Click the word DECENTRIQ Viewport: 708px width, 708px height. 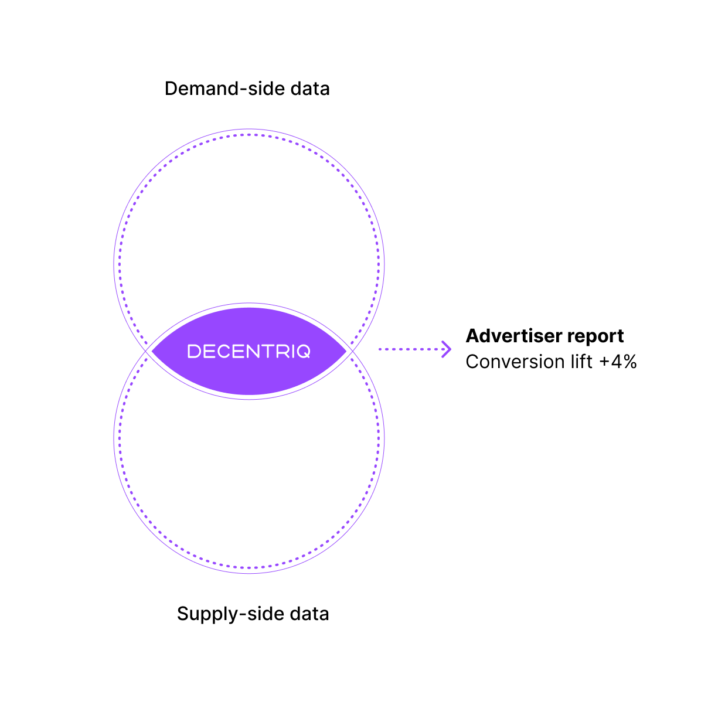(x=249, y=352)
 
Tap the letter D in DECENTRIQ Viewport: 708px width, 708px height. (x=194, y=352)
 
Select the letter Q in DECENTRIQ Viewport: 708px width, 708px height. (x=303, y=352)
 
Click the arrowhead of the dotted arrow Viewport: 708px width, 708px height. (x=447, y=349)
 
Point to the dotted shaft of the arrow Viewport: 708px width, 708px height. (x=410, y=349)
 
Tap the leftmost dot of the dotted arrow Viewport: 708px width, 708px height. (x=380, y=349)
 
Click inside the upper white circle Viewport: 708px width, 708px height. (x=249, y=223)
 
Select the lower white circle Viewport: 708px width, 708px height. (x=249, y=481)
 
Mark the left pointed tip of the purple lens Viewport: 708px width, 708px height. (x=152, y=351)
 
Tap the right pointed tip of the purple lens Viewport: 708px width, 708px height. (x=346, y=351)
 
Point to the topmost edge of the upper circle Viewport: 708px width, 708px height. (x=249, y=130)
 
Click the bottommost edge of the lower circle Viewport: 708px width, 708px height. (x=249, y=573)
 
